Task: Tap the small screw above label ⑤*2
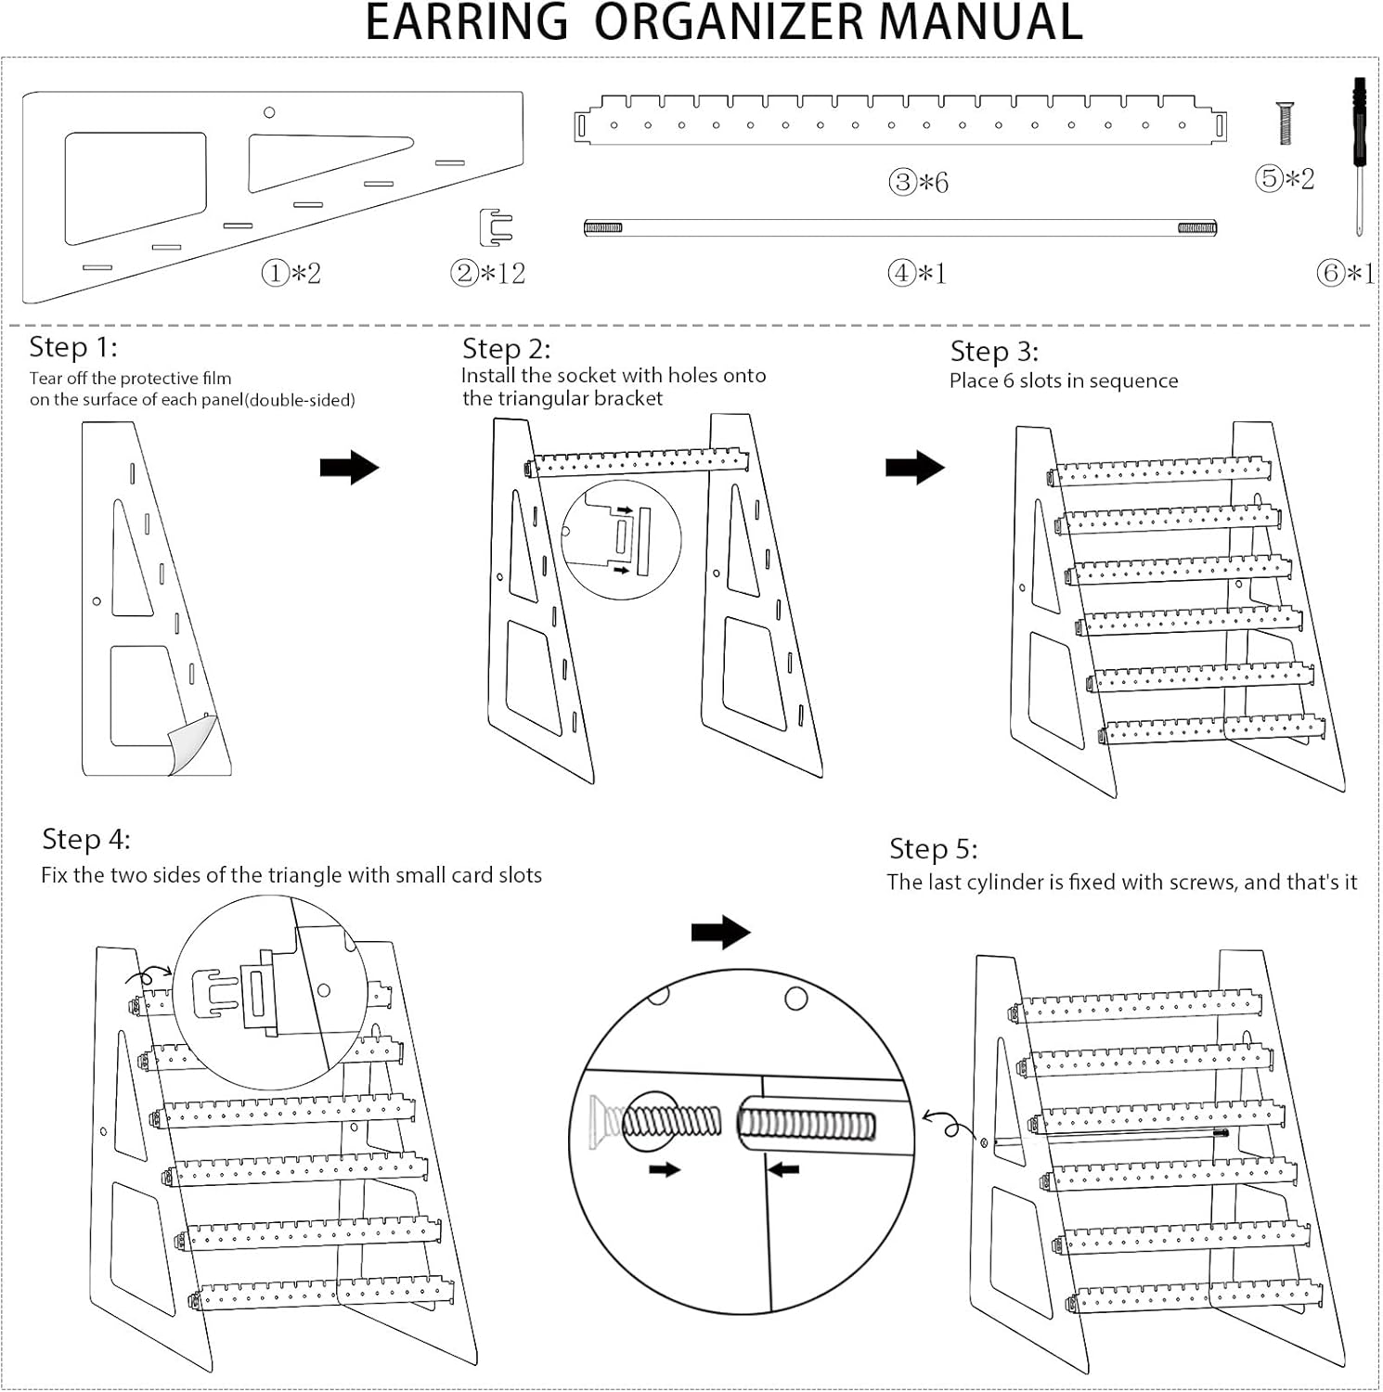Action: [1286, 123]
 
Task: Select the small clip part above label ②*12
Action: [496, 227]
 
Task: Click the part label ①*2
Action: [291, 274]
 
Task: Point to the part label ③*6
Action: [918, 182]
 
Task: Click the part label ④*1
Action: [917, 273]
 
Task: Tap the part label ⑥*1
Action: [1345, 273]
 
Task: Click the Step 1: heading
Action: [73, 348]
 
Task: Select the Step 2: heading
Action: [506, 350]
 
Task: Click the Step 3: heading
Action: [994, 352]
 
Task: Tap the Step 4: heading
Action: [86, 840]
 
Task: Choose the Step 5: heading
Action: [933, 849]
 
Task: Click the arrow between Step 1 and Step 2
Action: [349, 468]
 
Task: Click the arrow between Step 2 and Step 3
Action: [914, 468]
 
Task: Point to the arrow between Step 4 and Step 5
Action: [720, 932]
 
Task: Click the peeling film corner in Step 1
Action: [193, 742]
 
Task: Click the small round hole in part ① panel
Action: [269, 112]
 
